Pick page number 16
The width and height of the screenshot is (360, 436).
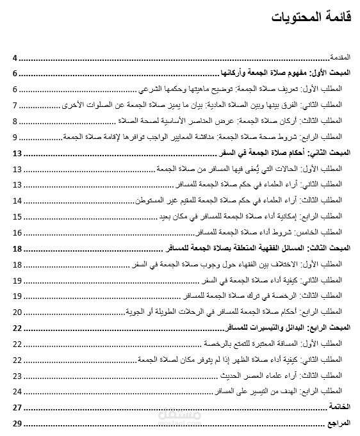coord(18,232)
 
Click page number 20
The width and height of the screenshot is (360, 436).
coord(18,312)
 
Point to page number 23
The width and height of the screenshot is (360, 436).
coord(18,375)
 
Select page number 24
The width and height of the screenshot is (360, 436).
coord(18,391)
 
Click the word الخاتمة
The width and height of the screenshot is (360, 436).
coord(340,407)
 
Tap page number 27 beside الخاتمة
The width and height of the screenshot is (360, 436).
coord(18,407)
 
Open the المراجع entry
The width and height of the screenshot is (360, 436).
coord(341,423)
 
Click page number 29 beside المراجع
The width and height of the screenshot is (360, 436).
coord(18,423)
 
